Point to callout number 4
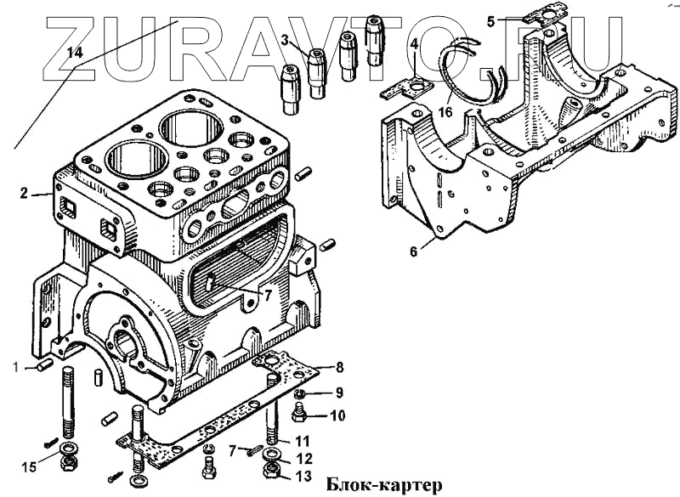[x=414, y=44]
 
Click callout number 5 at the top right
[x=491, y=21]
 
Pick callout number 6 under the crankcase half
[x=413, y=251]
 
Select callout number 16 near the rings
[x=445, y=111]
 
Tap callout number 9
[x=338, y=393]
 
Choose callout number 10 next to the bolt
[x=337, y=416]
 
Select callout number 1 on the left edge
[x=14, y=367]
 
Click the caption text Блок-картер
[x=384, y=486]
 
